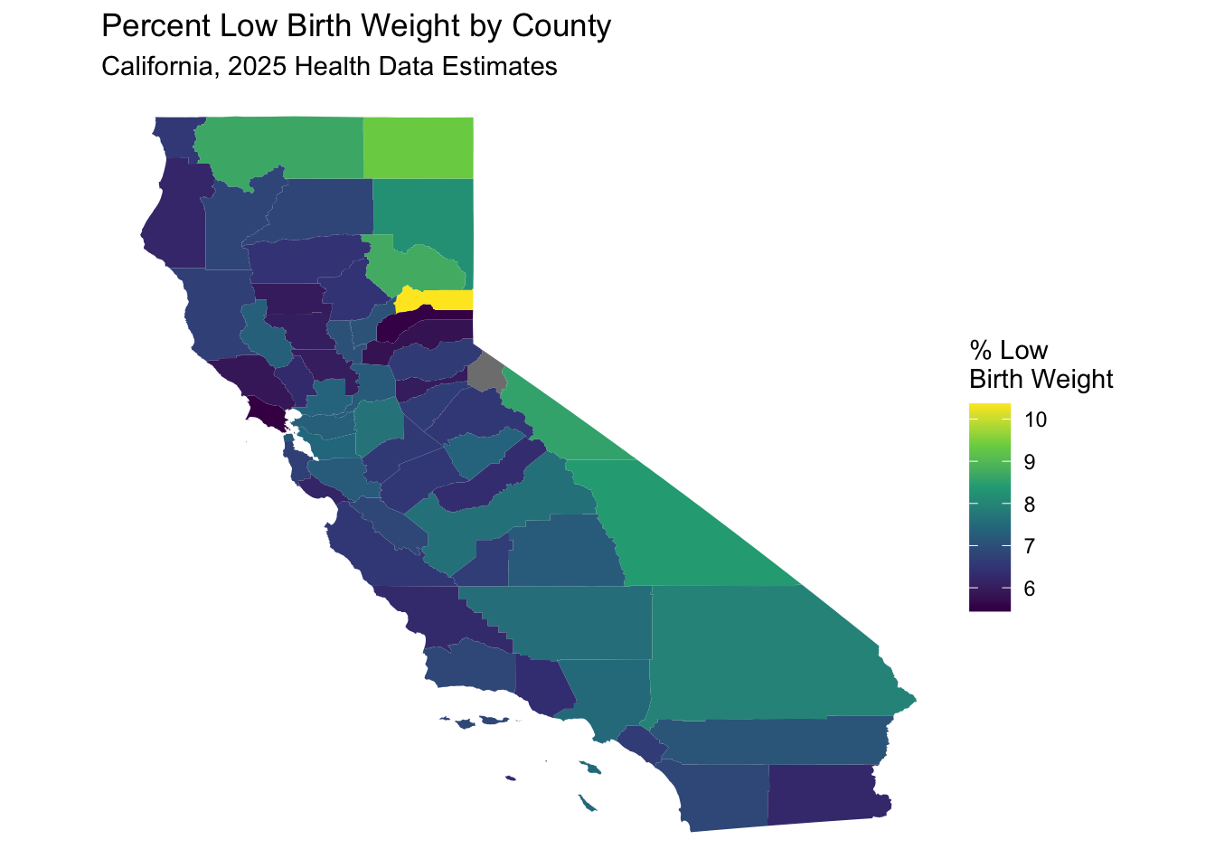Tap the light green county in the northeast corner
pos(419,146)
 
